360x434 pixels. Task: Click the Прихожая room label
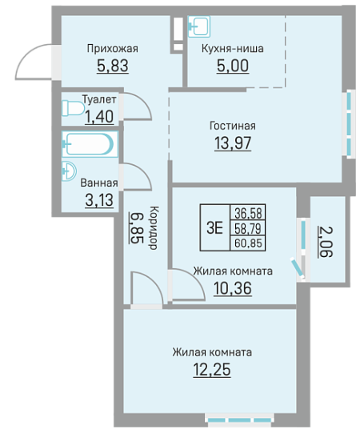[113, 49]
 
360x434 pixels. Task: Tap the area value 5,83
[113, 66]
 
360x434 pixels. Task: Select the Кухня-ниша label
[233, 48]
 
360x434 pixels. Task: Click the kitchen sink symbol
[199, 26]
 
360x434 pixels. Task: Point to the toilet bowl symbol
[73, 108]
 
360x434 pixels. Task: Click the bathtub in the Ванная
[90, 144]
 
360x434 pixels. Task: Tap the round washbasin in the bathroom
[69, 171]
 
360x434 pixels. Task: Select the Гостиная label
[233, 126]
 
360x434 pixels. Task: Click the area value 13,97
[233, 143]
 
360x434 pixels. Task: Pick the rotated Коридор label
[154, 227]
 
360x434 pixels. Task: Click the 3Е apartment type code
[215, 227]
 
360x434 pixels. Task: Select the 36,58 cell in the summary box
[248, 213]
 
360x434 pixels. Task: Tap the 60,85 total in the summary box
[248, 243]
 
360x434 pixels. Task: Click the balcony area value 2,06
[326, 242]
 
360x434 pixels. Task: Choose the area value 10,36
[233, 288]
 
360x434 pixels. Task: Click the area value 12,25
[212, 369]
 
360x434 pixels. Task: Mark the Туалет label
[99, 99]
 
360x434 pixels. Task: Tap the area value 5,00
[233, 66]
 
